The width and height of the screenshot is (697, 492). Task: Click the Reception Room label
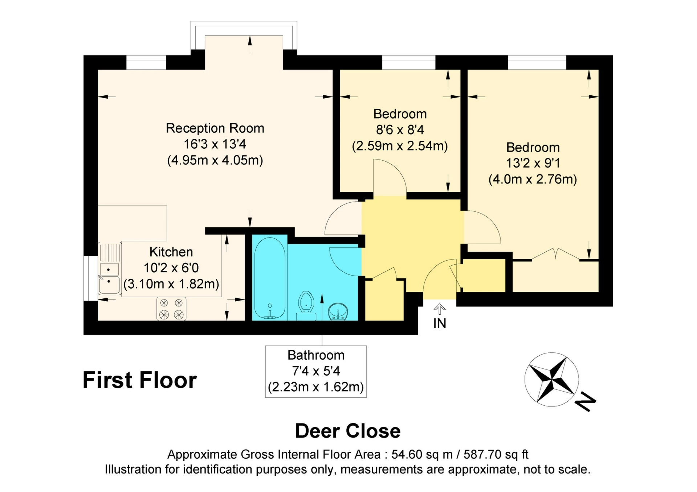[x=215, y=128]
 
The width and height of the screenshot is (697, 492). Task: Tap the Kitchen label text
[x=171, y=252]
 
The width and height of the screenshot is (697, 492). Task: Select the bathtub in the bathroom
[x=270, y=278]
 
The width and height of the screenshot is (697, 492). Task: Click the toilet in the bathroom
[x=306, y=306]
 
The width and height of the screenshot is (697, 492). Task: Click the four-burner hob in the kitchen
[x=171, y=309]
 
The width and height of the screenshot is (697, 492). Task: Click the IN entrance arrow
[x=440, y=309]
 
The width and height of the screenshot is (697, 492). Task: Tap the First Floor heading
[x=140, y=380]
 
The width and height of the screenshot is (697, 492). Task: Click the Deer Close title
[x=348, y=431]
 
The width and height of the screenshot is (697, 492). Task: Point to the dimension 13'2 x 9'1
[x=533, y=163]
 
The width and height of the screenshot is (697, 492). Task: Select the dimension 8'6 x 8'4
[x=400, y=130]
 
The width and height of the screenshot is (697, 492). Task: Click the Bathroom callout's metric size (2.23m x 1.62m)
[x=316, y=387]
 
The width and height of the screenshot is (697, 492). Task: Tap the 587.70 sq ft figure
[x=496, y=454]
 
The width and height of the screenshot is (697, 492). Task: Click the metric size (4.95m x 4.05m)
[x=215, y=160]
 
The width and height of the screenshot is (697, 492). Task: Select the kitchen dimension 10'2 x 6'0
[x=171, y=268]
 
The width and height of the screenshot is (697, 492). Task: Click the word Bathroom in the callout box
[x=316, y=355]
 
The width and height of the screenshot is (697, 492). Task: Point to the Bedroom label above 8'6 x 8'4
[x=400, y=114]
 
